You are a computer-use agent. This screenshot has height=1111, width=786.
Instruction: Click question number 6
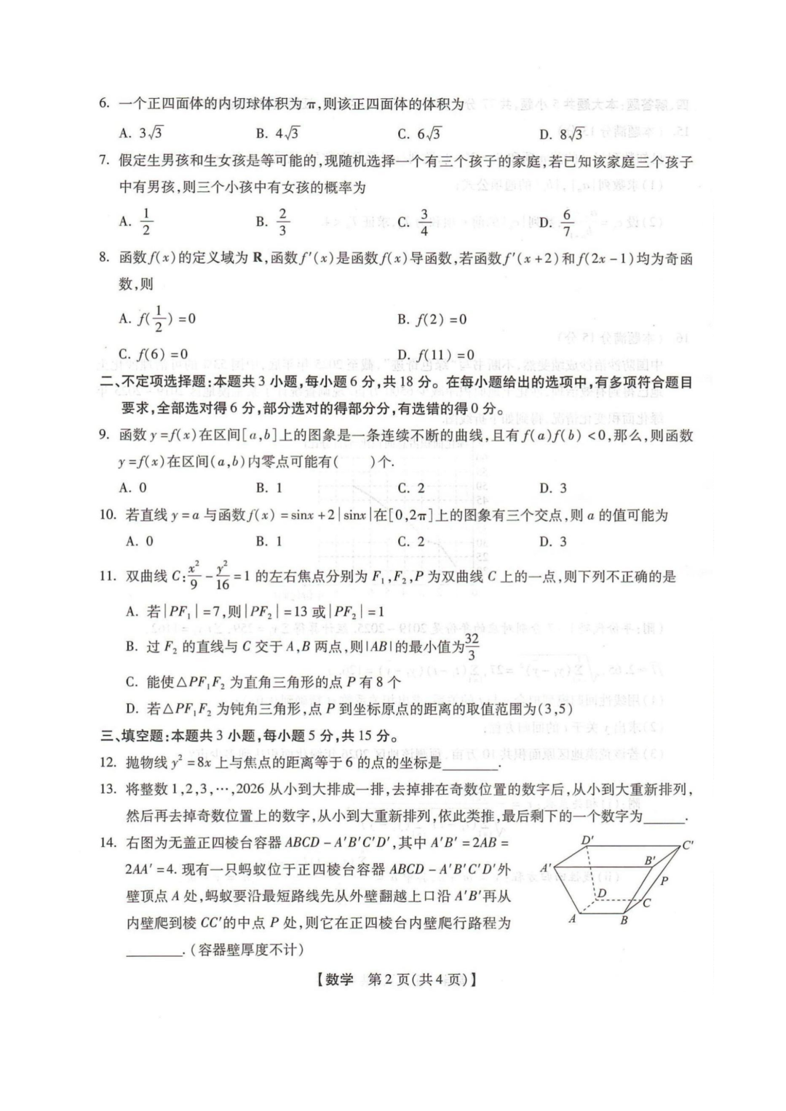(x=104, y=103)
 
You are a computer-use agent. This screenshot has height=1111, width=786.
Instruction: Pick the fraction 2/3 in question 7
(x=282, y=221)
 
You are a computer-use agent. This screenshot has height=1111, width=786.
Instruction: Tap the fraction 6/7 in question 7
(x=567, y=222)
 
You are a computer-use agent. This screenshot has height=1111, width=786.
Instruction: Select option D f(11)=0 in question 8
(x=436, y=354)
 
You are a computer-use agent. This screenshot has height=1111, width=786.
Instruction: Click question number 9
(x=104, y=435)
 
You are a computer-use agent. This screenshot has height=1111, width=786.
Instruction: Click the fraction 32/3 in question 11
(x=472, y=646)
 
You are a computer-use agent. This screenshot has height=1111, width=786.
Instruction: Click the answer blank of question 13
(x=664, y=817)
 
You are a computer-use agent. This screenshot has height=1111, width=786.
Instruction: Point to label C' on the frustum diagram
(x=687, y=846)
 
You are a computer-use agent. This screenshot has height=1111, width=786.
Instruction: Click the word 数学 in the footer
(x=338, y=979)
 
